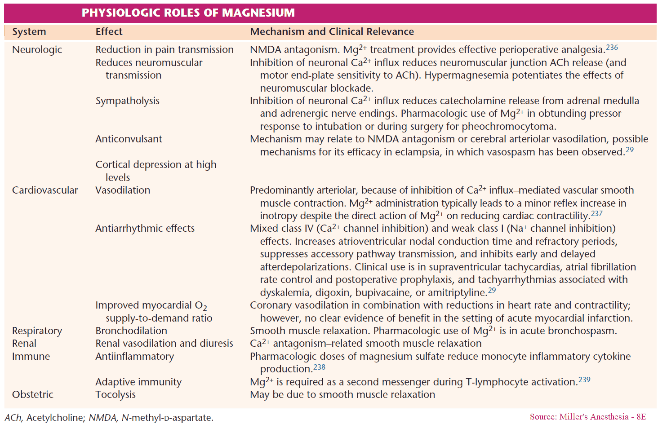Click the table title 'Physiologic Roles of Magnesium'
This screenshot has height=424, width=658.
point(188,13)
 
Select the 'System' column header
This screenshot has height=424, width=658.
point(29,31)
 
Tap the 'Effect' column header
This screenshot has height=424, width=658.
point(109,31)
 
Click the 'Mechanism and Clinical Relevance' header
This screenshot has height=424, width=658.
point(332,31)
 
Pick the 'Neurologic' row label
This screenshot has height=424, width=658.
point(37,49)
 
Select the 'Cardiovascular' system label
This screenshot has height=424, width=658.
point(45,190)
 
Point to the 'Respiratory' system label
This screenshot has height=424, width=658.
point(37,331)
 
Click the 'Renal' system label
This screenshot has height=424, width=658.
point(24,344)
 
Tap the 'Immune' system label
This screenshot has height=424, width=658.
point(31,356)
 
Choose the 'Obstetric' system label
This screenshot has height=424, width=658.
point(32,394)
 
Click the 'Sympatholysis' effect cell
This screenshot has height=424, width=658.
point(127,101)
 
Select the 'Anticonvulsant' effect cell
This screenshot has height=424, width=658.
point(129,139)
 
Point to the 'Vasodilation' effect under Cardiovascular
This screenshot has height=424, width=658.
point(123,190)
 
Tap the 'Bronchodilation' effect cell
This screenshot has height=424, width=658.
point(131,331)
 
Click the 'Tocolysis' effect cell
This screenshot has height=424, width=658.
point(116,394)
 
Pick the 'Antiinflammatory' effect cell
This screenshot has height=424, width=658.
point(134,356)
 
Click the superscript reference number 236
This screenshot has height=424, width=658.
point(612,47)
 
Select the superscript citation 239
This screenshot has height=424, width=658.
point(584,380)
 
